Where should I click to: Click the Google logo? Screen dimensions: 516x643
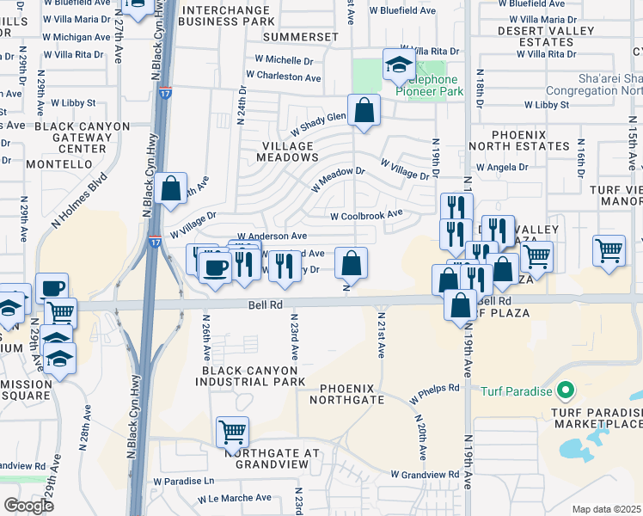coord(28,505)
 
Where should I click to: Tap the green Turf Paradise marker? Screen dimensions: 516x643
coord(564,391)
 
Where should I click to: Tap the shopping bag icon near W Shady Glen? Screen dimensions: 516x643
coord(364,110)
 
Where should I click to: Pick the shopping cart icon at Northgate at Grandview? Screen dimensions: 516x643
coord(232,433)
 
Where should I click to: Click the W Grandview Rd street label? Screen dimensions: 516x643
coord(425,474)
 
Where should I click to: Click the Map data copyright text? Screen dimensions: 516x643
coord(606,509)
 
